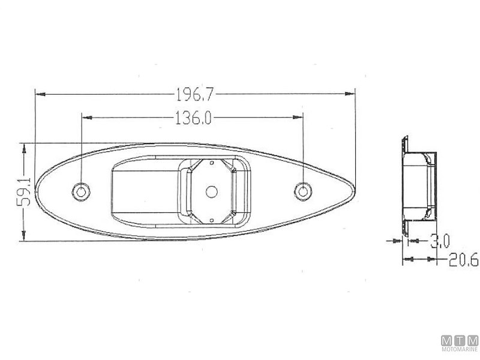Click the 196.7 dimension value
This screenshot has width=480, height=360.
coord(194,94)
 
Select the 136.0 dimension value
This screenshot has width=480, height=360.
coord(193,118)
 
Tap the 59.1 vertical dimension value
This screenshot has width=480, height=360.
coord(24,192)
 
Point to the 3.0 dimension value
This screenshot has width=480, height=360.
coord(440,241)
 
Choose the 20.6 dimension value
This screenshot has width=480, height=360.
coord(463,260)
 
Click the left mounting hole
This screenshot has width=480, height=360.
coord(81,192)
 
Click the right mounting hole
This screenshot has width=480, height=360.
coord(303,191)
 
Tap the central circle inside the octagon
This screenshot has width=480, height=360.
coord(212,192)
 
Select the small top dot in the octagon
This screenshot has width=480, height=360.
coord(211,163)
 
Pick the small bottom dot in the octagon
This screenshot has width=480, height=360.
coord(211,220)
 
